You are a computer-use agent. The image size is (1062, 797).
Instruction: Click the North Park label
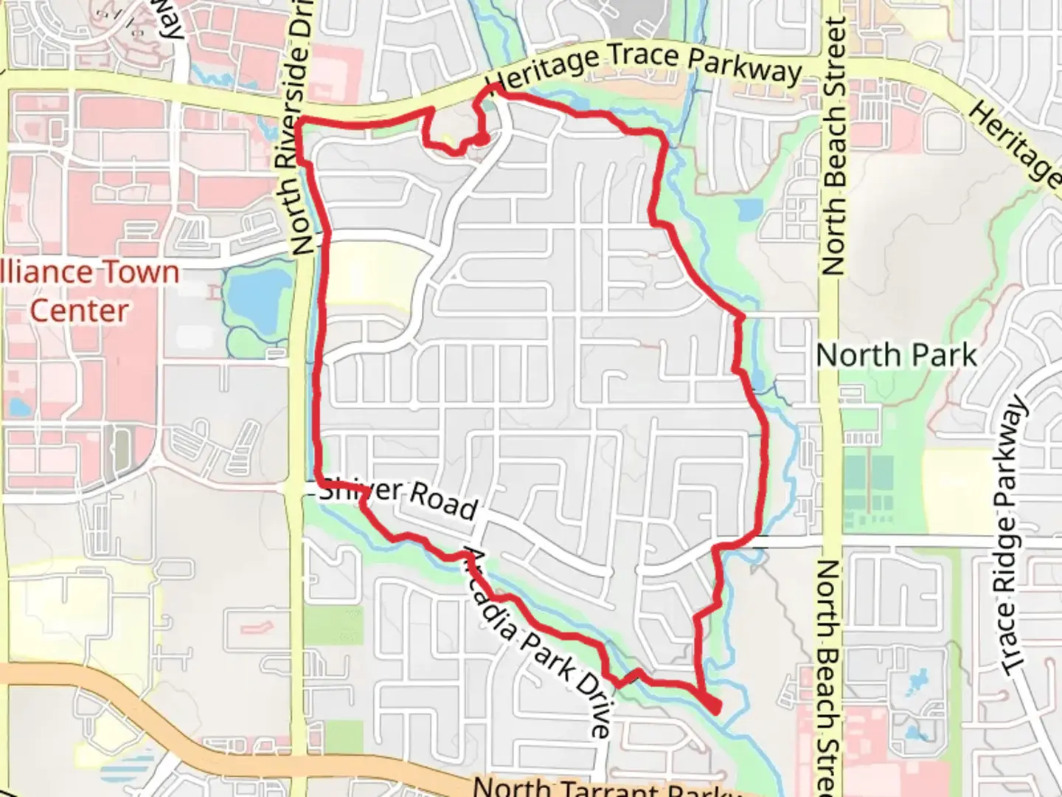click(896, 356)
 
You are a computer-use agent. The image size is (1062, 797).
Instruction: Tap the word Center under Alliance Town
click(79, 311)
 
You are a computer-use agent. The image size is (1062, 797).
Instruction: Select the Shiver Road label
click(399, 499)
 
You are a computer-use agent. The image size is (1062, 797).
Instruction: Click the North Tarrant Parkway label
click(605, 787)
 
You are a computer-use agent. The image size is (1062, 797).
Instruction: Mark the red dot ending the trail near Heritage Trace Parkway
click(482, 138)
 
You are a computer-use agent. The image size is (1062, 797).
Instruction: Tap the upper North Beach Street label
click(833, 148)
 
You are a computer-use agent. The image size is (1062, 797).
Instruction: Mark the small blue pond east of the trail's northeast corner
click(748, 210)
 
